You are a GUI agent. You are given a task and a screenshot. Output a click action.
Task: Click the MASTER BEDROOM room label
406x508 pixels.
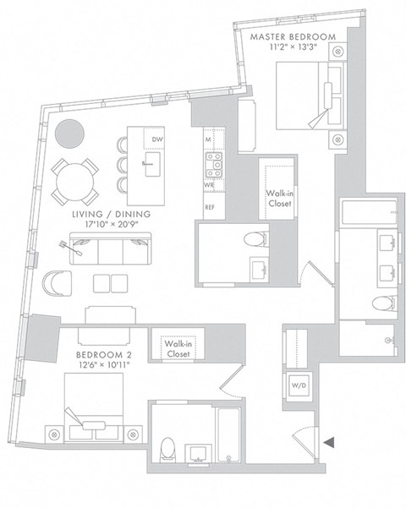pyautogui.click(x=293, y=36)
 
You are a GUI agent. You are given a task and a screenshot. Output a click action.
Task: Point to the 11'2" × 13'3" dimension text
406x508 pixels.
pyautogui.click(x=293, y=48)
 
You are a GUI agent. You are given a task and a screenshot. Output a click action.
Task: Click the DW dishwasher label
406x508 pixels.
pyautogui.click(x=157, y=140)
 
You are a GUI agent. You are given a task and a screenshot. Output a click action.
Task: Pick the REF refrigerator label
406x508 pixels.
pyautogui.click(x=209, y=205)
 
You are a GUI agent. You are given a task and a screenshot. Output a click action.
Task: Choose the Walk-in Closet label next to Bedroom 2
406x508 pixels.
pyautogui.click(x=177, y=349)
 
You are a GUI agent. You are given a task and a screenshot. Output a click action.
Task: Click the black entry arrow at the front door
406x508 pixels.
pyautogui.click(x=331, y=440)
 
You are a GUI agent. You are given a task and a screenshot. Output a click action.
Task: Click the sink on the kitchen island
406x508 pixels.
pyautogui.click(x=153, y=162)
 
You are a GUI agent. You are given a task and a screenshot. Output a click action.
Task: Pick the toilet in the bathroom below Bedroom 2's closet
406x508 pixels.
pyautogui.click(x=167, y=448)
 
